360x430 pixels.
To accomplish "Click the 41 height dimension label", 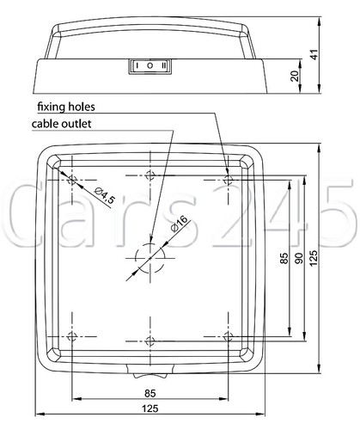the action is [314, 54].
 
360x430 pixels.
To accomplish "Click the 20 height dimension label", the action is [295, 76].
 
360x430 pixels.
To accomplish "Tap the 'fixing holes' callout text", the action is [66, 107].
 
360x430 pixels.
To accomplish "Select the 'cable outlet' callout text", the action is [62, 124].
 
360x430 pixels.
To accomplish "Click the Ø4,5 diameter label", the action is [104, 195].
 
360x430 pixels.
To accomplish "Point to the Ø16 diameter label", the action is [180, 224].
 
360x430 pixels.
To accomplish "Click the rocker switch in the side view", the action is [150, 66].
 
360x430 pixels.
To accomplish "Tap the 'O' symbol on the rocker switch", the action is [149, 66].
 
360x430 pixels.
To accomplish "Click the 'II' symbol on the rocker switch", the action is [163, 66].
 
